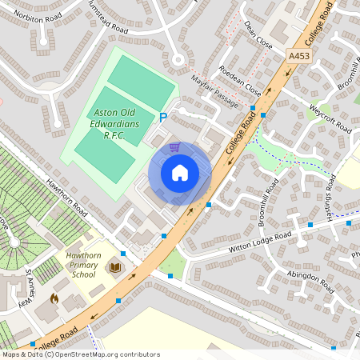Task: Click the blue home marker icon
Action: [180, 173]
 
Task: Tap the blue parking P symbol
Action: [163, 118]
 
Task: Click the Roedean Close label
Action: [240, 78]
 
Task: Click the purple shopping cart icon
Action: [174, 146]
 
